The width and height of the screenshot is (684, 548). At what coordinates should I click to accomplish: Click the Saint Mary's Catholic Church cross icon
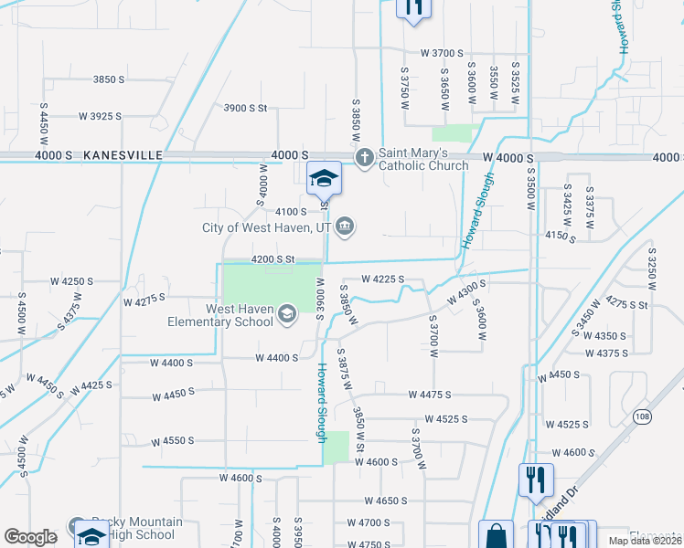[365, 157]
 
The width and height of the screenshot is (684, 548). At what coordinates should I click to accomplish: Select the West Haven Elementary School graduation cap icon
[287, 315]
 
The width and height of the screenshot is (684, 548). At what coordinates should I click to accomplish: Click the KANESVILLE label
[122, 156]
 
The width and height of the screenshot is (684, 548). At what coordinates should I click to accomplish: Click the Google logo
[30, 537]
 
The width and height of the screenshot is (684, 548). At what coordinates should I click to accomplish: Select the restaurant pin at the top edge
[412, 7]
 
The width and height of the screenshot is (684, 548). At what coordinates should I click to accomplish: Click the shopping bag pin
[497, 535]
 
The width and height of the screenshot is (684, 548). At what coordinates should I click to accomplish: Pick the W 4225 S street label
[382, 279]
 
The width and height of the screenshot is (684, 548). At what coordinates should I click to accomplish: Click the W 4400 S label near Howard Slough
[277, 358]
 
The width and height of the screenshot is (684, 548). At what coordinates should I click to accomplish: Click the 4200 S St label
[273, 259]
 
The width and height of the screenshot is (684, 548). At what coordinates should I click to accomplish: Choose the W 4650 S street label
[385, 501]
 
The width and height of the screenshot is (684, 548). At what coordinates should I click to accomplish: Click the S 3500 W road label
[531, 188]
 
